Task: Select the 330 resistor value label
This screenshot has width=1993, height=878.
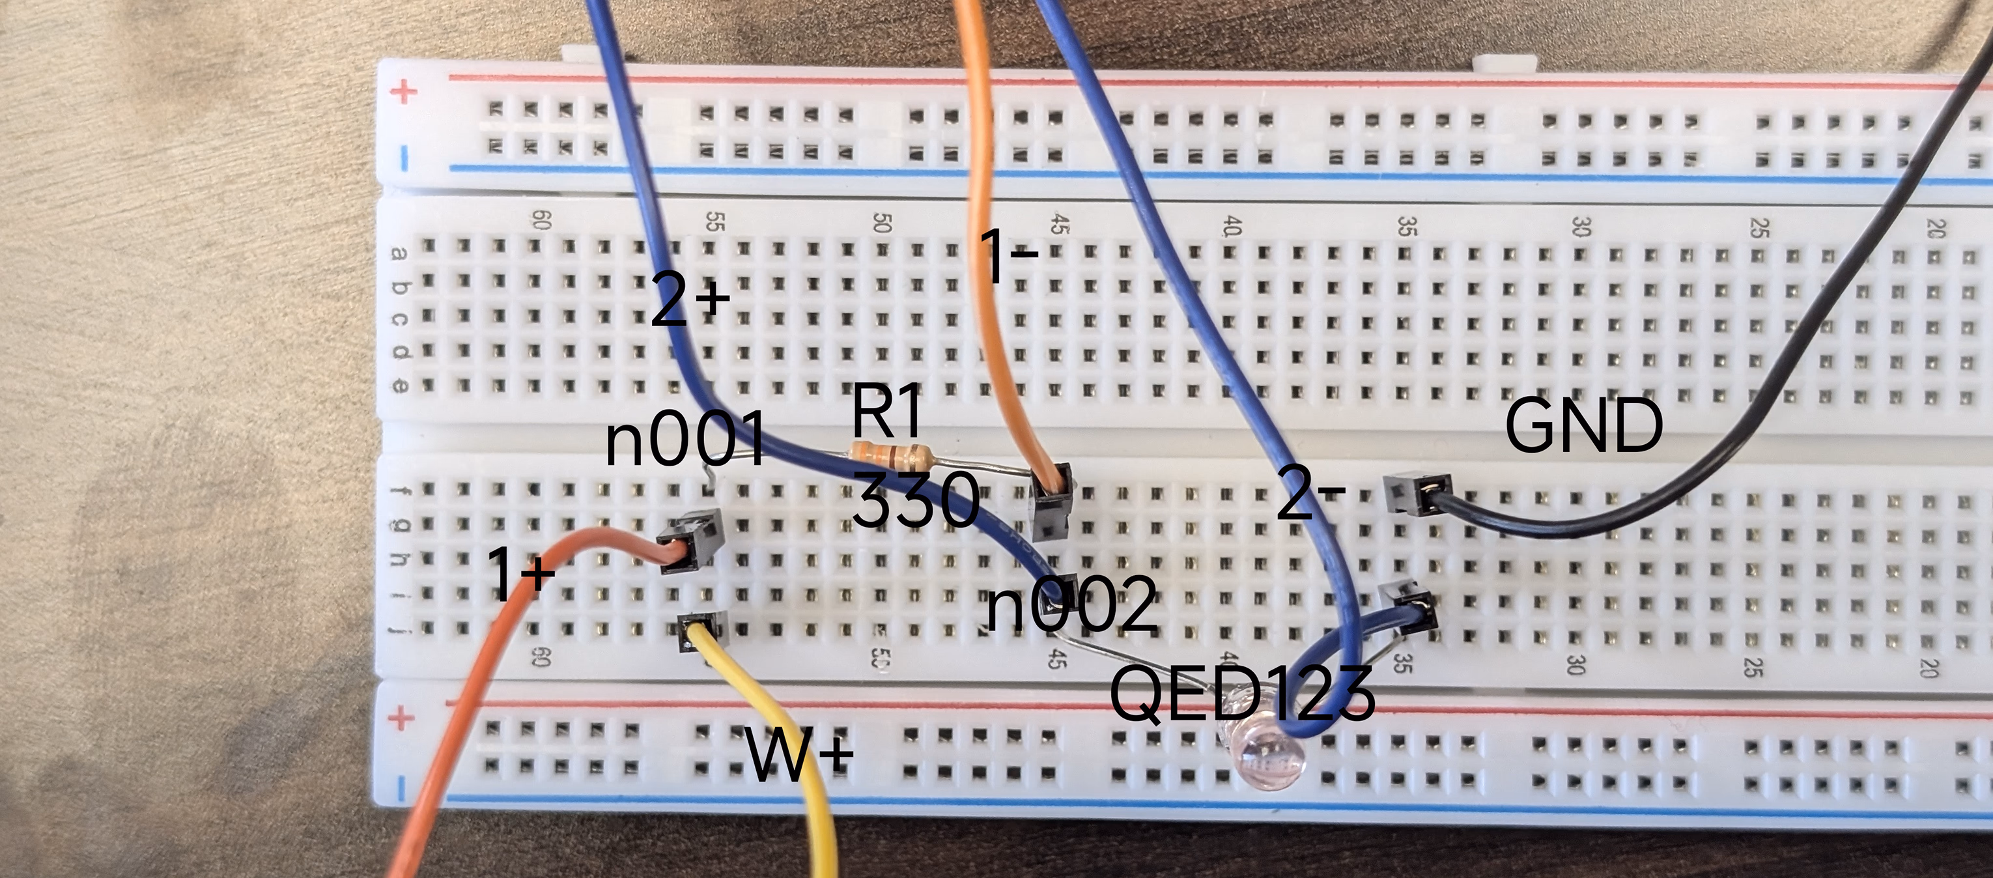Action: pyautogui.click(x=916, y=500)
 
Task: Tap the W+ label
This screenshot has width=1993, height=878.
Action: pyautogui.click(x=799, y=754)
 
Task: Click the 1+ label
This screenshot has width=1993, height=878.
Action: pyautogui.click(x=520, y=573)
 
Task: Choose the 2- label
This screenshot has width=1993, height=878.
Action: pyautogui.click(x=1310, y=492)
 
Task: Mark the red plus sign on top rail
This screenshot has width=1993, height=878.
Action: pyautogui.click(x=403, y=93)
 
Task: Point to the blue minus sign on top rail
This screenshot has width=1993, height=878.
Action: pyautogui.click(x=403, y=160)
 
